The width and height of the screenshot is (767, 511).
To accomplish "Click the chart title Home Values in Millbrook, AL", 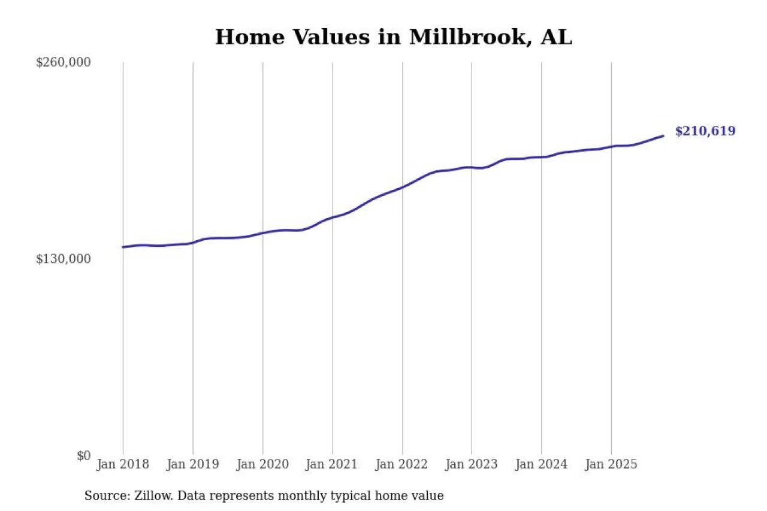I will [x=393, y=37].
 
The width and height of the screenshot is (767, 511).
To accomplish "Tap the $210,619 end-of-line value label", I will [x=705, y=131].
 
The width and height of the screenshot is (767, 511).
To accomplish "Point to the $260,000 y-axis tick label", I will [x=64, y=62].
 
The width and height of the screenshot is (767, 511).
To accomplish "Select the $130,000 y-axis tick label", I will [x=64, y=259].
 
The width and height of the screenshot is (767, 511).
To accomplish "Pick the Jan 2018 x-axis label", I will [x=123, y=464].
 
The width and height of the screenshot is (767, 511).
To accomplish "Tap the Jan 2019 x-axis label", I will [x=193, y=464].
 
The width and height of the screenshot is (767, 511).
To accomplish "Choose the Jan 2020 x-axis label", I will [x=262, y=464].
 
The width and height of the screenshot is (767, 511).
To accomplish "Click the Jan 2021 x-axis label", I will [x=333, y=464].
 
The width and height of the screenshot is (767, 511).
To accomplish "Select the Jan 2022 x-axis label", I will [x=402, y=464].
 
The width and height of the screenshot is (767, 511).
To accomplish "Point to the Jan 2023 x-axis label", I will [x=472, y=464].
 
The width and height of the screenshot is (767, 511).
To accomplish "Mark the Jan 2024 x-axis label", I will [x=542, y=464].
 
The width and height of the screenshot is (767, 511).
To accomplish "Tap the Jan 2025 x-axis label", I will [x=611, y=464].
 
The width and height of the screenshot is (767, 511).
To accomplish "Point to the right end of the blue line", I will [x=663, y=136].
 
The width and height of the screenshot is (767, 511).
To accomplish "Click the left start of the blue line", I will [x=123, y=247].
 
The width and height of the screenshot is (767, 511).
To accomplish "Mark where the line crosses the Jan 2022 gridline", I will [x=402, y=187].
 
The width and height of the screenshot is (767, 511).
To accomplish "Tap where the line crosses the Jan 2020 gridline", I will [x=262, y=233].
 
